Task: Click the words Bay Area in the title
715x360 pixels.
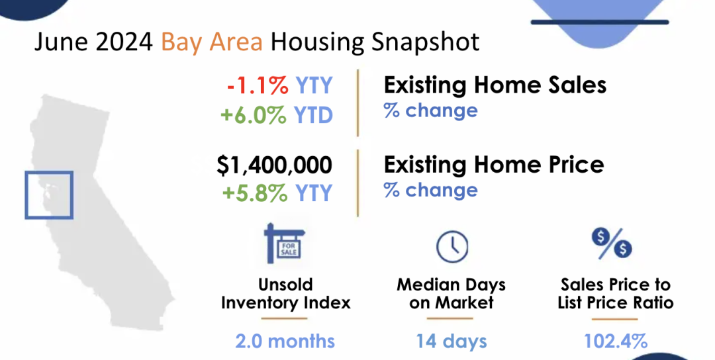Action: click(212, 42)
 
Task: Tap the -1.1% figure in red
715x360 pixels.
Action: click(258, 85)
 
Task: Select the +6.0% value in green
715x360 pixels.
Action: click(254, 115)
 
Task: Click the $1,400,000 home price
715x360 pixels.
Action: click(275, 165)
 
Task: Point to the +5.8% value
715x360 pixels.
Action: click(255, 193)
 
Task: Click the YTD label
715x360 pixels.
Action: click(314, 115)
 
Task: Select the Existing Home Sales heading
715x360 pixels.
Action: click(495, 85)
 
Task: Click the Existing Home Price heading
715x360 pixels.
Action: click(494, 165)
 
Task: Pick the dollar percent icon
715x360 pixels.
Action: click(612, 244)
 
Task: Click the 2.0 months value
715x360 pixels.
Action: click(285, 341)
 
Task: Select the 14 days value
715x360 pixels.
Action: click(452, 341)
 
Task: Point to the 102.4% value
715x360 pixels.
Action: click(616, 341)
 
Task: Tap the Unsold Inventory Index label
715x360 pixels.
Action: click(286, 293)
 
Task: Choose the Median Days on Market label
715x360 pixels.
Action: click(452, 293)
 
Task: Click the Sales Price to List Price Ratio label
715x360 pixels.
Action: click(616, 293)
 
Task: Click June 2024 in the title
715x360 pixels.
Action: click(93, 42)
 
